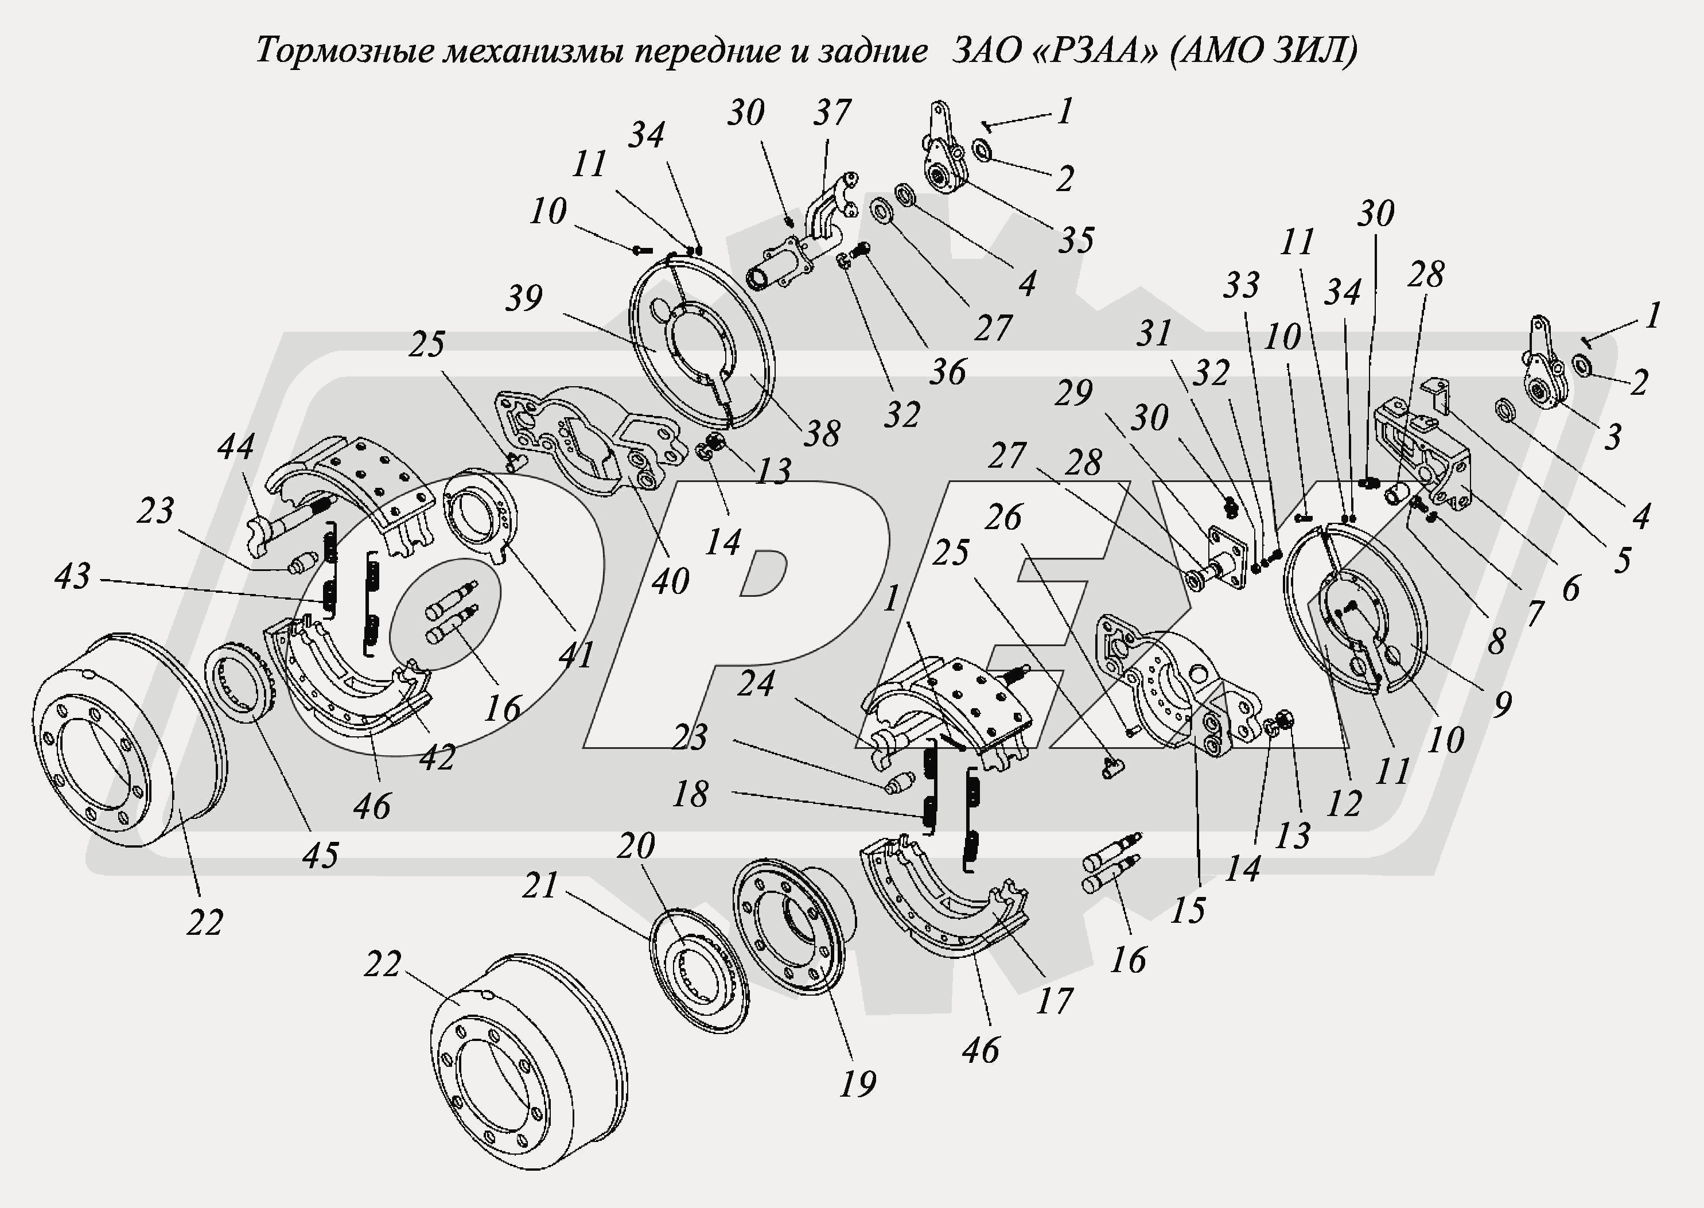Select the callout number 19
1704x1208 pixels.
(858, 1084)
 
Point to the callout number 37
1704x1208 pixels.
(831, 112)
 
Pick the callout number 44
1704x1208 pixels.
(236, 446)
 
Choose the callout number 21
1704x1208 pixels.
(540, 885)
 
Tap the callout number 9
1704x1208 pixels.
(1502, 704)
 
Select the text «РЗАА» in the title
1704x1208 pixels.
(1091, 51)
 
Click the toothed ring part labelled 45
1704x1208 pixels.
(242, 681)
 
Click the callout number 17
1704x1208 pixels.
(1053, 1000)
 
